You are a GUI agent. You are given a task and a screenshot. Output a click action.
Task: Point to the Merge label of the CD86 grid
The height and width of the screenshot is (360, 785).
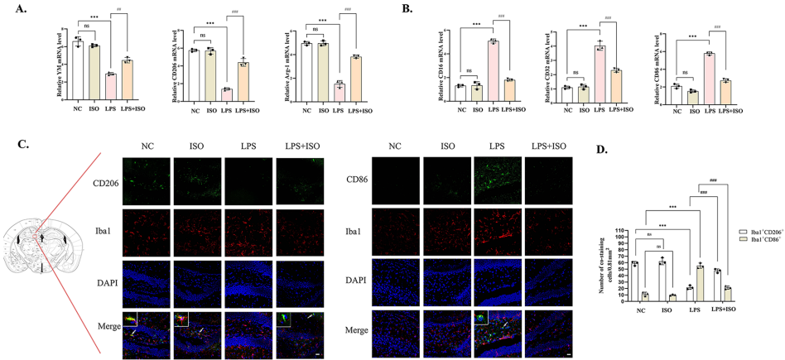[x=358, y=330]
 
